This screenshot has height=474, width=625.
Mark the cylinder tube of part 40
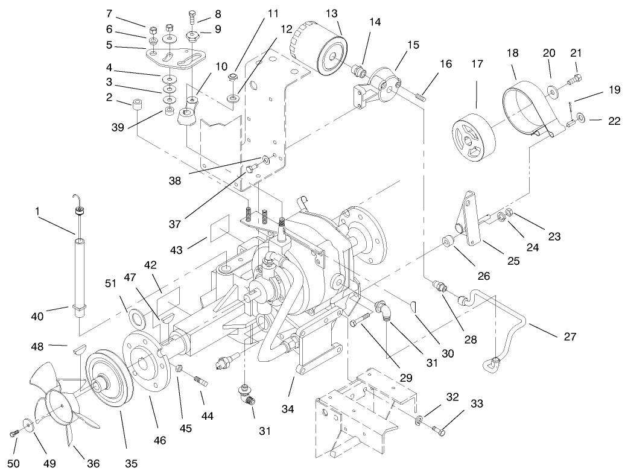pos(78,271)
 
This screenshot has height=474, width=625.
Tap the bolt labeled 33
pos(440,431)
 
